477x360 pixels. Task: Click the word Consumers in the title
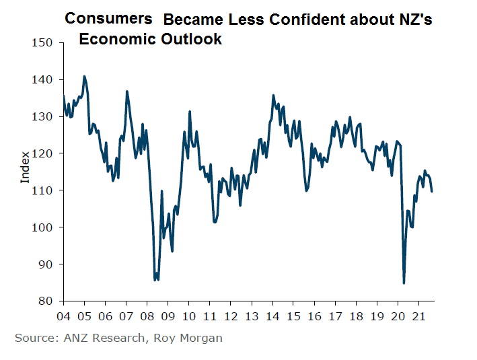108,19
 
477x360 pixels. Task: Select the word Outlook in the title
190,39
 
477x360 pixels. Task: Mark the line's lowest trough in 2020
404,283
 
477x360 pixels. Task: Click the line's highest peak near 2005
84,76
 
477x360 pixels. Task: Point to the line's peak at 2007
126,91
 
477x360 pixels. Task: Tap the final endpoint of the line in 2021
432,192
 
